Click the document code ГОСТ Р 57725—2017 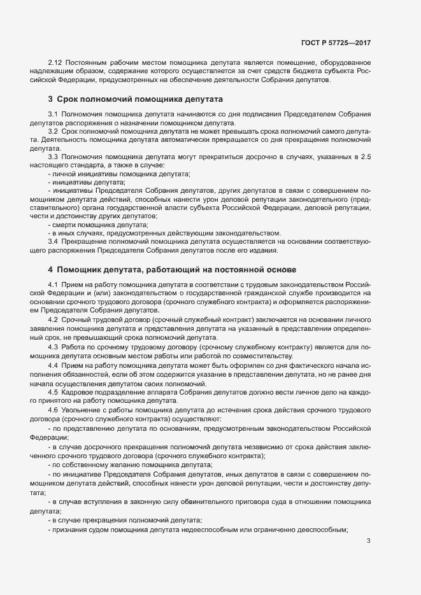(335, 43)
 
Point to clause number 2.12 (54, 62)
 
